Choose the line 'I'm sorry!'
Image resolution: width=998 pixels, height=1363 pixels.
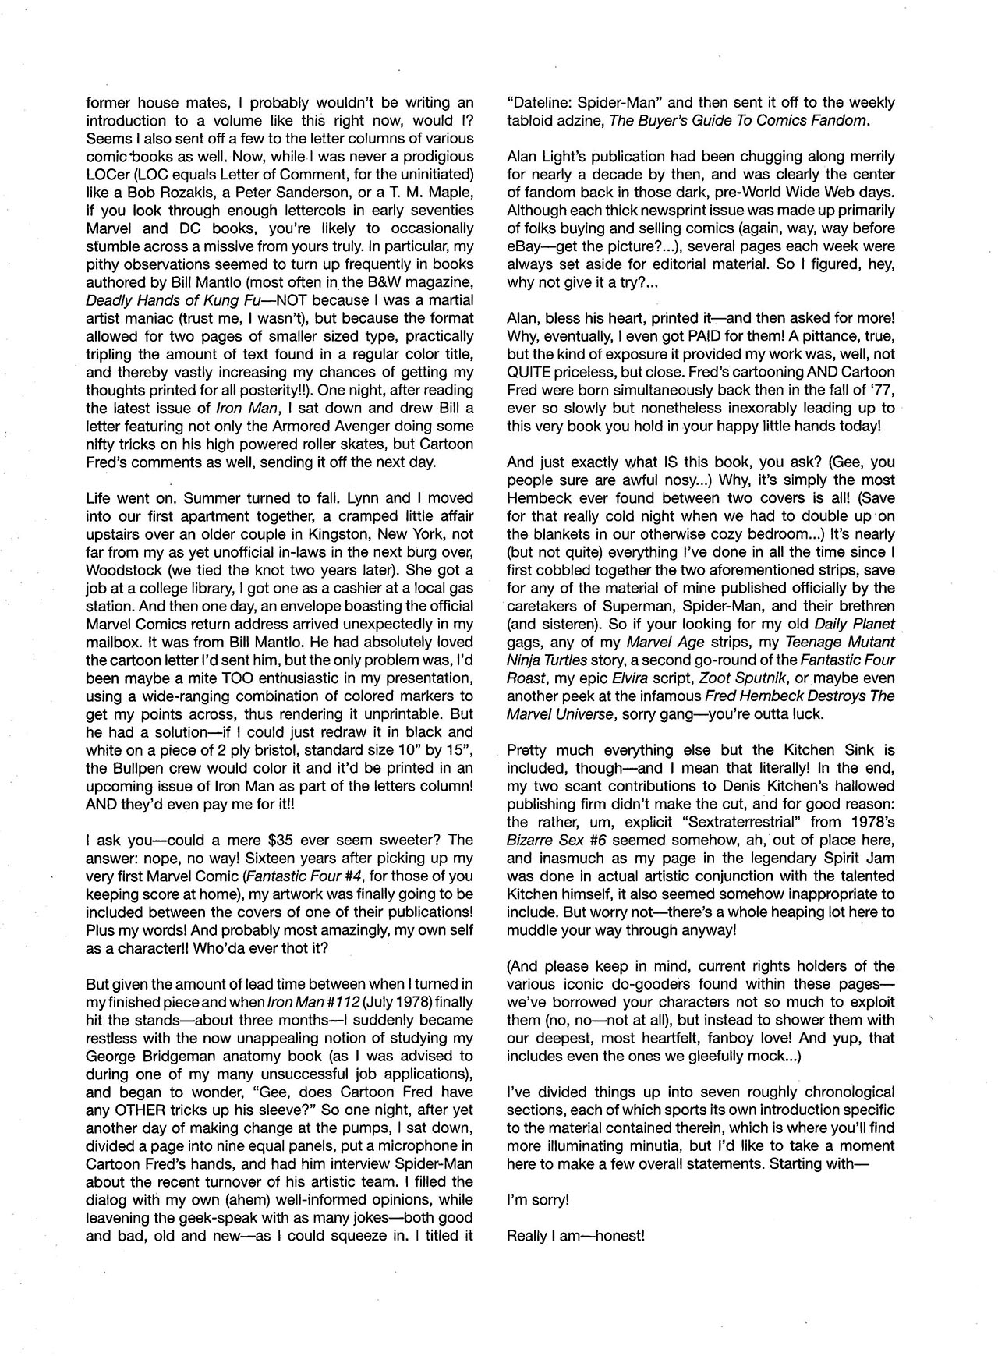point(538,1200)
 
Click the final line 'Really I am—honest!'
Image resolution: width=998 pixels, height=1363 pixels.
point(575,1236)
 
